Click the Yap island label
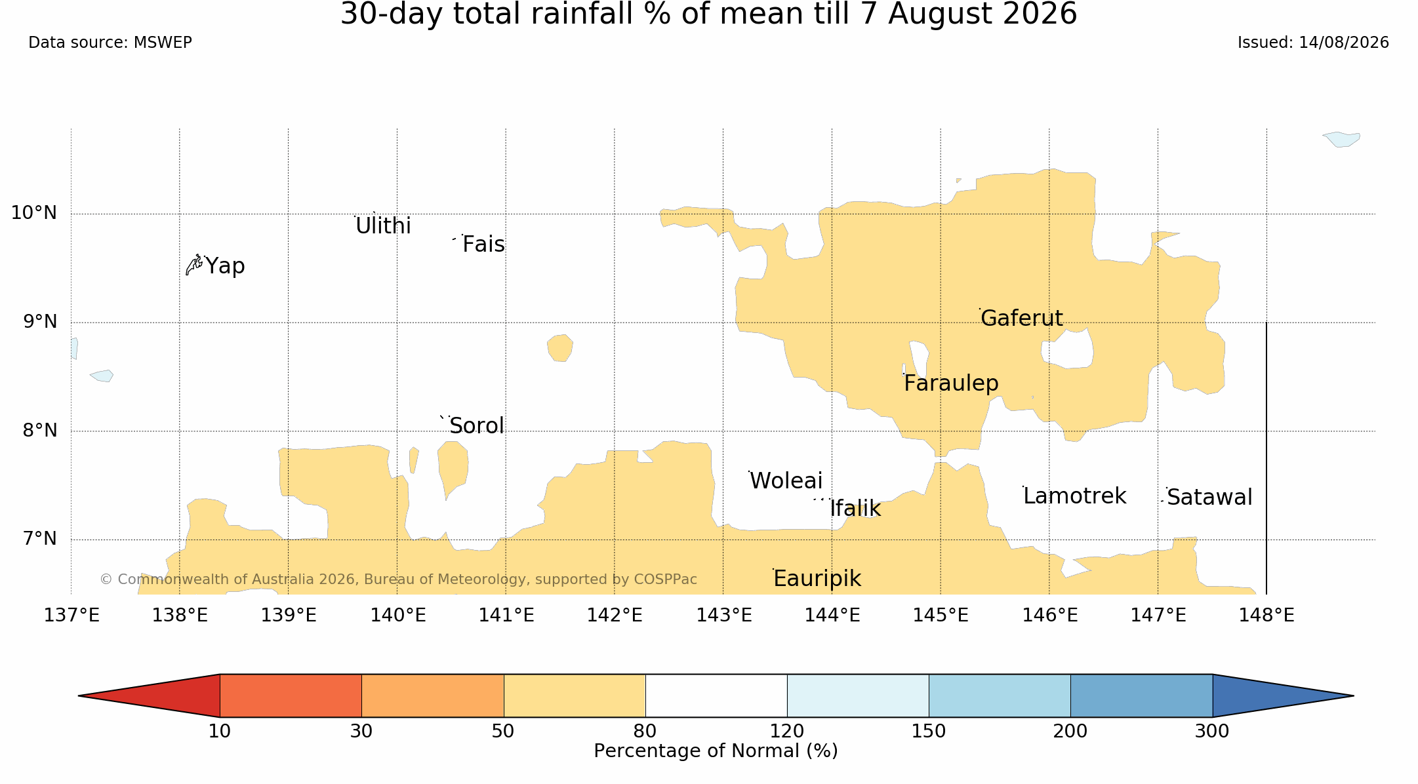225,266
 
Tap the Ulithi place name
383,226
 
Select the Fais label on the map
483,245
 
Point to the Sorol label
477,426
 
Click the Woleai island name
786,481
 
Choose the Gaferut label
1022,319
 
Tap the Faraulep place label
951,383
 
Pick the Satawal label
1209,498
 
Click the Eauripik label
817,579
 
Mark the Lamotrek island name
1075,496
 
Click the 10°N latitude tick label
34,213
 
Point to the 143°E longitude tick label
723,616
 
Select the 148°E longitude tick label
1266,616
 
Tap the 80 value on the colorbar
645,732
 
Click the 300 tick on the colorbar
1212,732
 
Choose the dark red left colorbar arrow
149,696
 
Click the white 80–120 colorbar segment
716,696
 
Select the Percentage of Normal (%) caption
716,751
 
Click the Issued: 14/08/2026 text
1313,43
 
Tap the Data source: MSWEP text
110,43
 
